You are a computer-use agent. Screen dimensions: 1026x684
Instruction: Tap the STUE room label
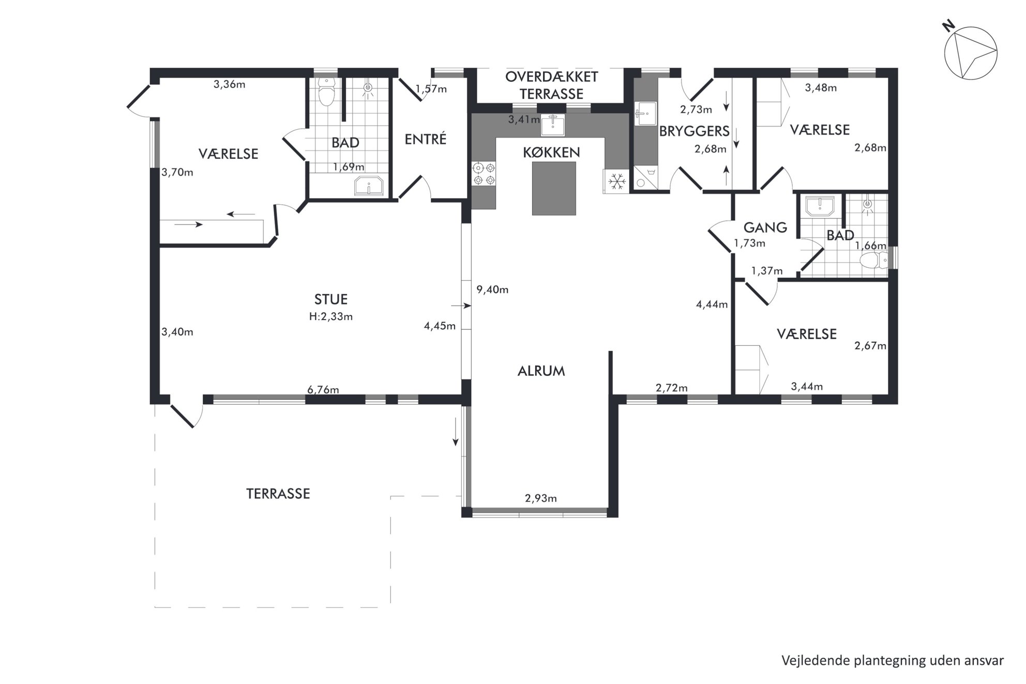click(x=331, y=299)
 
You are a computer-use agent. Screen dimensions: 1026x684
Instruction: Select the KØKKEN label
click(x=551, y=153)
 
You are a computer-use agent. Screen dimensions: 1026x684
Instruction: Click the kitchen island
click(x=554, y=188)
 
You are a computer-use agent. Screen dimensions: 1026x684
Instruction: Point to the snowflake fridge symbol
click(x=616, y=181)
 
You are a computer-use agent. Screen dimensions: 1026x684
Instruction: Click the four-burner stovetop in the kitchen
click(x=484, y=174)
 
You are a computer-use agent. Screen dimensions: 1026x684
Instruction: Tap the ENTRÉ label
click(x=426, y=139)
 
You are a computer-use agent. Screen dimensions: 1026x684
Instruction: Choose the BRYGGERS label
click(x=694, y=131)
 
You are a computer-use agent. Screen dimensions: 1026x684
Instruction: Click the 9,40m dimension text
click(x=492, y=290)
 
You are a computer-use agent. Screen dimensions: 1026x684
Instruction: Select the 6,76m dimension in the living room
click(x=323, y=389)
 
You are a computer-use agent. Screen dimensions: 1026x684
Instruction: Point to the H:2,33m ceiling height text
click(x=331, y=316)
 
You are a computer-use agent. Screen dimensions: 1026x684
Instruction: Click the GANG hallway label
click(x=765, y=227)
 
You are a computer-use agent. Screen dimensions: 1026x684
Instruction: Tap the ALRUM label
click(x=541, y=371)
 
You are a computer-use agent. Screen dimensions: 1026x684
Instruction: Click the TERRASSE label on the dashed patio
click(x=278, y=494)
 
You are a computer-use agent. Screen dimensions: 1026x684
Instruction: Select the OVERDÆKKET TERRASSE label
click(x=552, y=85)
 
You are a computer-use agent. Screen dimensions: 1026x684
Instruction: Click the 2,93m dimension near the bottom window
click(x=541, y=498)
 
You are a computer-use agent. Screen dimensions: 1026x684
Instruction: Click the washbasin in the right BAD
click(x=820, y=206)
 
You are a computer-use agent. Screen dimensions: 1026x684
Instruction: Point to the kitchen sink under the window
click(x=553, y=125)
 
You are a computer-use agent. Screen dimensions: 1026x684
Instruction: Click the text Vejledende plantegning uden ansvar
click(x=893, y=660)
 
